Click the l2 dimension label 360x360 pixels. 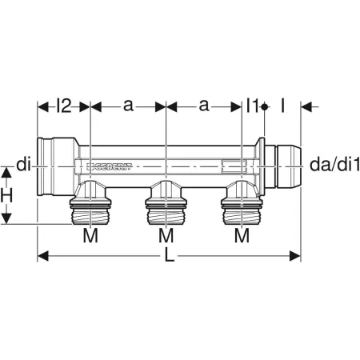click(66, 105)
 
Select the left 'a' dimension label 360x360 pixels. click(128, 105)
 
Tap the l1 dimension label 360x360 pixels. click(253, 105)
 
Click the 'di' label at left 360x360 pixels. click(24, 166)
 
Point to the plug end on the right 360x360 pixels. click(284, 166)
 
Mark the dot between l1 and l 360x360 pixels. click(264, 105)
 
